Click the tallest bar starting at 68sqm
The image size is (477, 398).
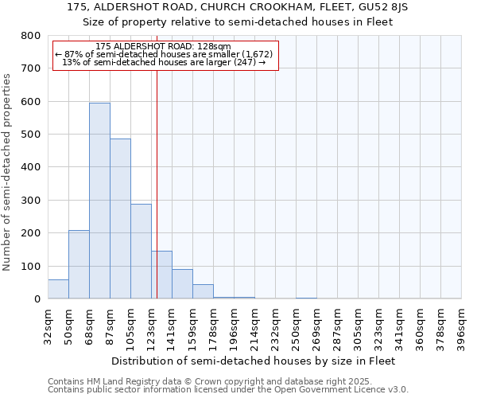click(99, 201)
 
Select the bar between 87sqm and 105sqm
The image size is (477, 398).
click(120, 219)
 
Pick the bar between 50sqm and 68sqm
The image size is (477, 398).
click(79, 264)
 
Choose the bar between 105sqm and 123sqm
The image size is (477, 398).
click(141, 252)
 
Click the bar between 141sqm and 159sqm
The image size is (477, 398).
click(182, 284)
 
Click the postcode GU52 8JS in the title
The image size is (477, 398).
click(397, 6)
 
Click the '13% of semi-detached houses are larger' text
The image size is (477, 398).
click(163, 62)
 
